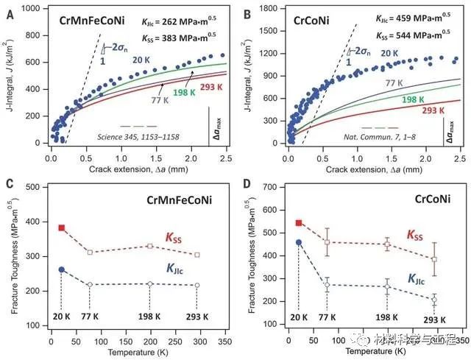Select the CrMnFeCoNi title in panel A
click(85, 21)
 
